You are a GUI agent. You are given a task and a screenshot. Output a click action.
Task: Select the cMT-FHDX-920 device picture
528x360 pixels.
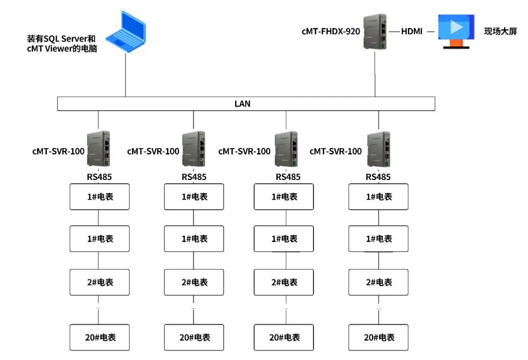coord(375,31)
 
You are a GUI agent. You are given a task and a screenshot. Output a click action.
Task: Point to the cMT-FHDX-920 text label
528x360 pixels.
coord(330,32)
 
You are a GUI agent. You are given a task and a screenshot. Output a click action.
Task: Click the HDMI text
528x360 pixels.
coord(412,32)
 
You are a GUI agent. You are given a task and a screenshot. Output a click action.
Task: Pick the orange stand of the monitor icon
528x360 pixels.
coord(456,43)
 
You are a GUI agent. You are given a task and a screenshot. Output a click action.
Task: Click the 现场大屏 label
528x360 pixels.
coord(500,32)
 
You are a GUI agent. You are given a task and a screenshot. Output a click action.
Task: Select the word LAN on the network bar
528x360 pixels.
coord(242,104)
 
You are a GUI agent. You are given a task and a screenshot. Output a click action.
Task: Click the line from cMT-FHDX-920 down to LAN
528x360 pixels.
coord(375,73)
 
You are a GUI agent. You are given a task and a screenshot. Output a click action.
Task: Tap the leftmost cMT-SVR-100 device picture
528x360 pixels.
coord(99,149)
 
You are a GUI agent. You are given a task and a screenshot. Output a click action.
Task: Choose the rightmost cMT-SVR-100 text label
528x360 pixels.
coord(336,151)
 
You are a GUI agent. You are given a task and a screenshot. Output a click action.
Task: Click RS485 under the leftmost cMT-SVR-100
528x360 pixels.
coord(99,177)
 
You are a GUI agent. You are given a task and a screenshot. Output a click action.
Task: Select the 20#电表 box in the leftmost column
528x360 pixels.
coord(99,337)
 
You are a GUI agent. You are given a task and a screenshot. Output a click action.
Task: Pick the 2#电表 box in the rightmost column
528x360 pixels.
coord(378,282)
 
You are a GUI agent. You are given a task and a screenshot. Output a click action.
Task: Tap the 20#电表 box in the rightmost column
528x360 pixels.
coord(378,337)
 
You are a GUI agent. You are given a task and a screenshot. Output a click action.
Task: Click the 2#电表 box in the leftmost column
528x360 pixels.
coord(99,282)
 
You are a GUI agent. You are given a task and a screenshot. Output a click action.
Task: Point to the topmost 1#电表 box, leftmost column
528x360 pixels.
coord(99,197)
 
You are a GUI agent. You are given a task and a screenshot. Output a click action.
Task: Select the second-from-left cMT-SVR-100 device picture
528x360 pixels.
coord(193,149)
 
